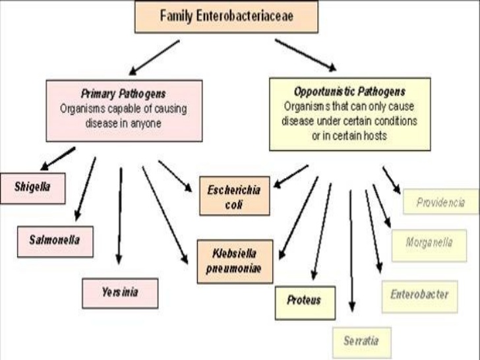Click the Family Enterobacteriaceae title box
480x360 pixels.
pos(226,17)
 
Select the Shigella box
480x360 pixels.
pos(32,187)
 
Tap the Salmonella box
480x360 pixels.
pos(55,241)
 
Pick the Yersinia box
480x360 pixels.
pos(120,293)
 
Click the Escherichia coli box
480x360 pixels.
pos(234,197)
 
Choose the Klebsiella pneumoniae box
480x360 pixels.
pos(234,261)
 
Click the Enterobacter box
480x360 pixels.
pos(419,295)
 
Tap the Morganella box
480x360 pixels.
pos(429,243)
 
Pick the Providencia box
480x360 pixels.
pos(440,202)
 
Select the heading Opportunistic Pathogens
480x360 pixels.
pos(349,92)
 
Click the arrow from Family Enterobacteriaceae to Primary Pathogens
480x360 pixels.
pos(154,57)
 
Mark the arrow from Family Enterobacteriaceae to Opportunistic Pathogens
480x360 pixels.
pos(305,54)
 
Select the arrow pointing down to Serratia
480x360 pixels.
pos(351,251)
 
